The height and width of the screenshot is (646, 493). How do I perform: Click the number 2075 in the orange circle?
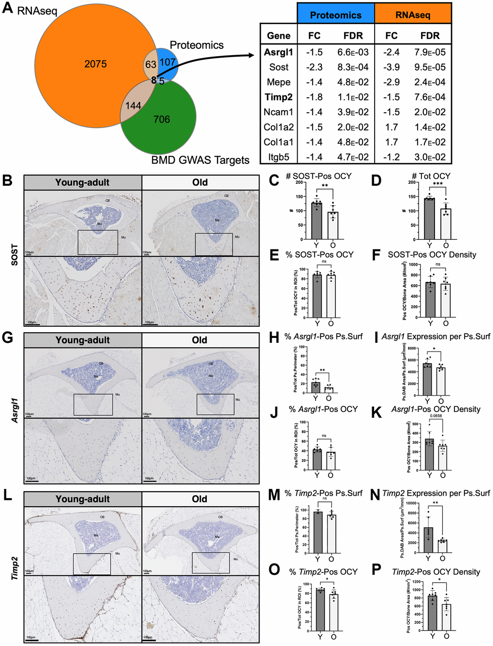click(x=95, y=64)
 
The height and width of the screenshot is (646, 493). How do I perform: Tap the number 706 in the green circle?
click(x=161, y=119)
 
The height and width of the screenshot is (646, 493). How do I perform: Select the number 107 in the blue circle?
click(x=167, y=62)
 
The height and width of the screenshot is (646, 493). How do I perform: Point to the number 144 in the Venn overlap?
click(x=133, y=105)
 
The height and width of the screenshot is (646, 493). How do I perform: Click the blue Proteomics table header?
click(x=335, y=15)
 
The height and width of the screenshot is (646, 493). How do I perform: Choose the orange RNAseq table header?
click(x=413, y=15)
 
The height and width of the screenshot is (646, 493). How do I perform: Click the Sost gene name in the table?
click(x=279, y=67)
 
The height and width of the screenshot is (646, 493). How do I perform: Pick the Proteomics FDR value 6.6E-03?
click(x=353, y=52)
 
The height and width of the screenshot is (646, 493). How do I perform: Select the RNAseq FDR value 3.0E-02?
click(x=430, y=157)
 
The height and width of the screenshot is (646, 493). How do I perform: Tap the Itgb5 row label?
click(x=279, y=157)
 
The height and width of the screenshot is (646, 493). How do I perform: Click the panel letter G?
click(x=7, y=337)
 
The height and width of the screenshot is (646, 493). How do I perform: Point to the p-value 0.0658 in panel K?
click(x=435, y=416)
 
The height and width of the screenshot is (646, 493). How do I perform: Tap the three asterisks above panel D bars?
click(x=437, y=184)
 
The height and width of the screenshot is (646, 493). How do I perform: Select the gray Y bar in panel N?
click(x=428, y=540)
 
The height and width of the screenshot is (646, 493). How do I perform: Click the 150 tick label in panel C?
click(x=299, y=197)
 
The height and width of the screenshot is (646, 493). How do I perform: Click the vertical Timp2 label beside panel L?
click(x=14, y=568)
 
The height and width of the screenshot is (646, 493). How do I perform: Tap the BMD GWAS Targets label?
click(x=200, y=160)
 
